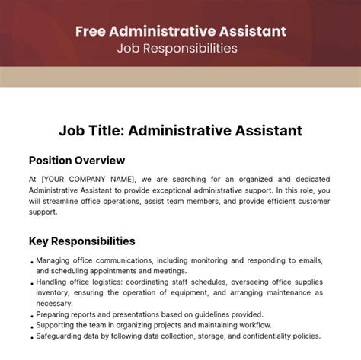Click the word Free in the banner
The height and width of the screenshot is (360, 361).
(91, 31)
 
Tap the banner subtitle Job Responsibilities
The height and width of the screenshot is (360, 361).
(180, 48)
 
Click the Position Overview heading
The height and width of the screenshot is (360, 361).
(77, 161)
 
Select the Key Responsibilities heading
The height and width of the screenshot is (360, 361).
(82, 241)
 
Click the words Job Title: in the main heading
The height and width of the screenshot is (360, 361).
(91, 131)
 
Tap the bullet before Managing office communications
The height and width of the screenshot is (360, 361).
(30, 260)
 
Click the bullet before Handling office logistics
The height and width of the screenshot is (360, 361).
(30, 282)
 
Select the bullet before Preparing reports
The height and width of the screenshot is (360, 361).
(30, 314)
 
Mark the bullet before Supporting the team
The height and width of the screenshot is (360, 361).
(30, 325)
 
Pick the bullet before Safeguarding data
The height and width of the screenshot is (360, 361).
(30, 336)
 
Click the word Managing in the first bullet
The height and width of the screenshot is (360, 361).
(53, 260)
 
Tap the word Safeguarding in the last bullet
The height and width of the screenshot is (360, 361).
(61, 336)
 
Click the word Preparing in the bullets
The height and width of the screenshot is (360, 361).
(55, 314)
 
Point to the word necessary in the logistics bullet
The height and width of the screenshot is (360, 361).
(55, 303)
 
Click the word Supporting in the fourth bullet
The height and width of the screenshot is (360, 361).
(58, 325)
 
